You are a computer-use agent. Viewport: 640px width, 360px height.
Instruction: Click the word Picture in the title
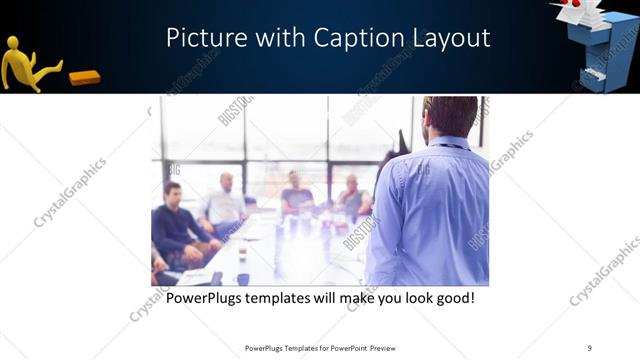201,39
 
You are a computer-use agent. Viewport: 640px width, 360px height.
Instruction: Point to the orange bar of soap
84,77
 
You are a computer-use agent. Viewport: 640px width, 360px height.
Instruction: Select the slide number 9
590,348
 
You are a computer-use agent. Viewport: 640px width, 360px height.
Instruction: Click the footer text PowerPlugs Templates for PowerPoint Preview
320,348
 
